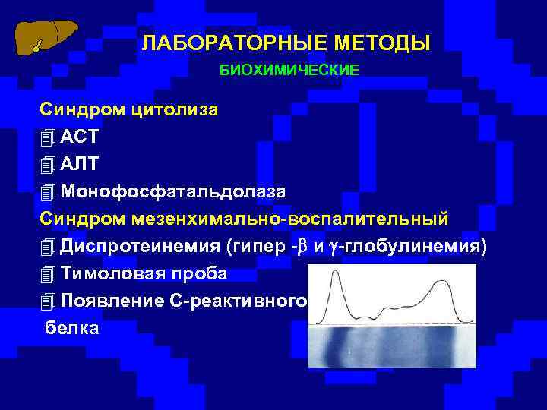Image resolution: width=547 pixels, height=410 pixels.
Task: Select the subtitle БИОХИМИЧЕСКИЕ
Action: [289, 70]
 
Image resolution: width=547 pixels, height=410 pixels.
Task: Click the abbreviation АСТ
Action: [80, 137]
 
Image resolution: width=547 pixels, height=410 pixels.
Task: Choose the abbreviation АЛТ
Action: [80, 164]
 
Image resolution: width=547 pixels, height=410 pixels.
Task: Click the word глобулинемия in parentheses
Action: [422, 245]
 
